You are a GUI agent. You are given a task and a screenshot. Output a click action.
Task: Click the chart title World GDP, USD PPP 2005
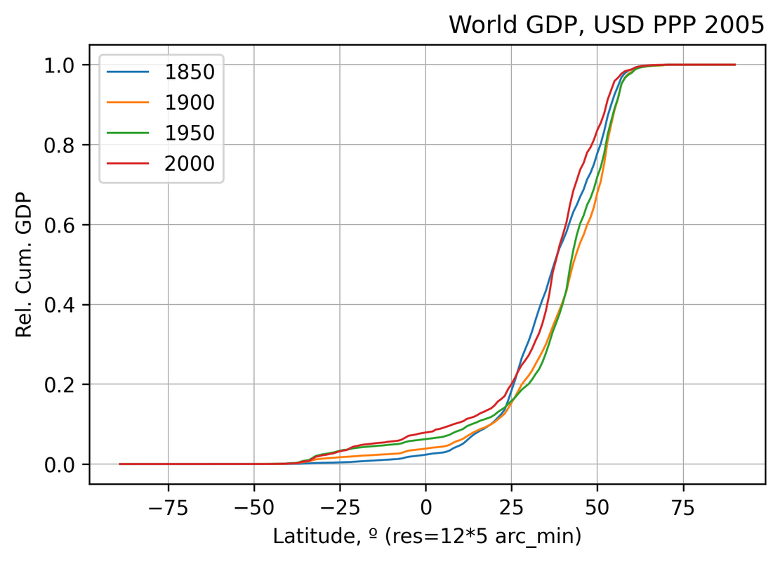pos(606,25)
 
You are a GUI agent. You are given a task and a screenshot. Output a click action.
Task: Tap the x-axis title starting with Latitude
pos(426,537)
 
